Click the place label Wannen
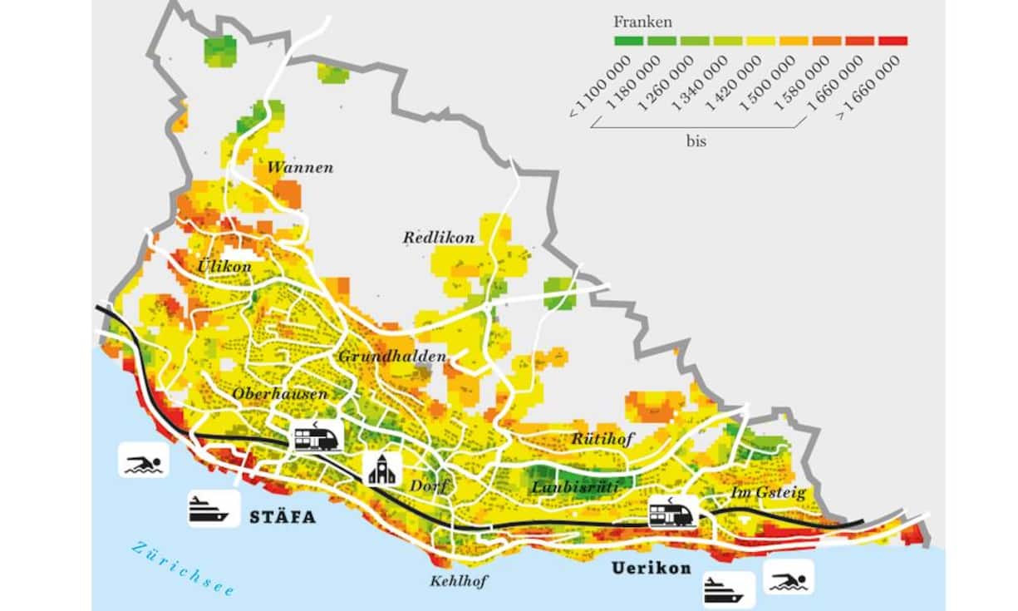pyautogui.click(x=300, y=168)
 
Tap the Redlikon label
pyautogui.click(x=439, y=238)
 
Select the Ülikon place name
pyautogui.click(x=224, y=267)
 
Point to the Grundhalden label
pyautogui.click(x=392, y=357)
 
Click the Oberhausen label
pyautogui.click(x=281, y=394)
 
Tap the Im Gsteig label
pyautogui.click(x=769, y=493)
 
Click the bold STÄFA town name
pyautogui.click(x=283, y=517)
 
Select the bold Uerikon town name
pyautogui.click(x=652, y=569)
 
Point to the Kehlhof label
pyautogui.click(x=457, y=581)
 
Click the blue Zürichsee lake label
pyautogui.click(x=183, y=568)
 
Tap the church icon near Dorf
pyautogui.click(x=382, y=470)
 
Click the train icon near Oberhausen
pyautogui.click(x=317, y=436)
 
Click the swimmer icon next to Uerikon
pyautogui.click(x=787, y=577)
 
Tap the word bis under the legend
pyautogui.click(x=696, y=141)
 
